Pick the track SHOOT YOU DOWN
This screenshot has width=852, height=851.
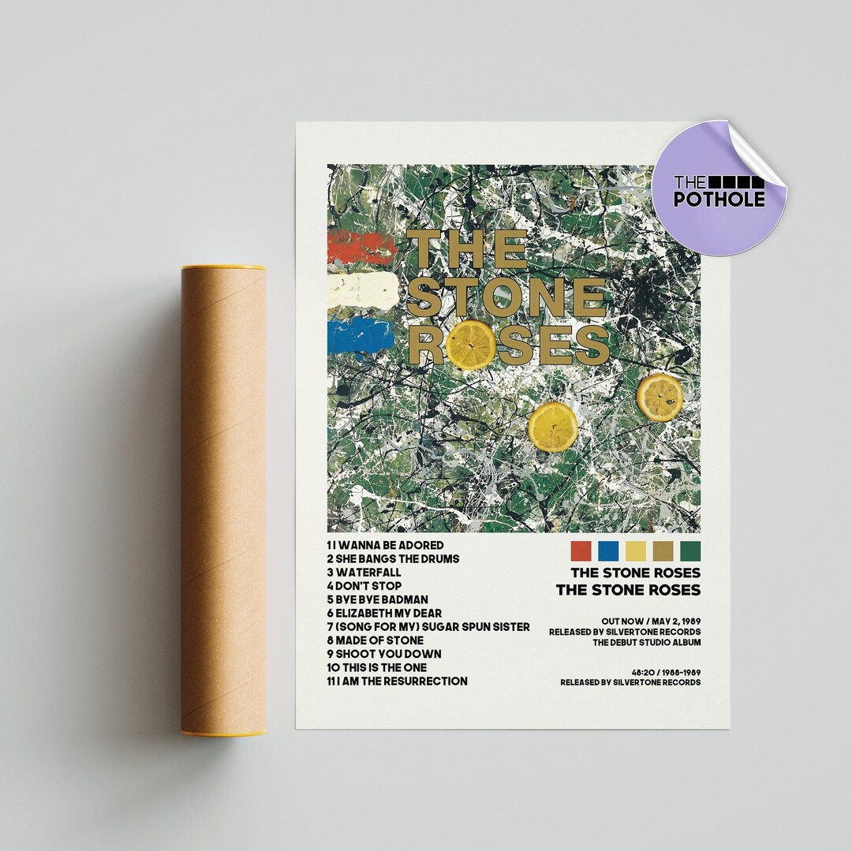(383, 654)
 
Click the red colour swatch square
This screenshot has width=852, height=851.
(581, 550)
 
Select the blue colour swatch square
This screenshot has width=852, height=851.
(607, 550)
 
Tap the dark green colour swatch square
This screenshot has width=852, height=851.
(689, 550)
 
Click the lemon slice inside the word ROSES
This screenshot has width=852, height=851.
(471, 345)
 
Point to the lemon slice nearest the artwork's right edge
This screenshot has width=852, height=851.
(660, 397)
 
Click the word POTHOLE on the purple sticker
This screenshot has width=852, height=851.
(719, 199)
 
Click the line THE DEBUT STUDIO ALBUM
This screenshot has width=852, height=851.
(646, 643)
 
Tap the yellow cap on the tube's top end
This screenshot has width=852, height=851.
(223, 267)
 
